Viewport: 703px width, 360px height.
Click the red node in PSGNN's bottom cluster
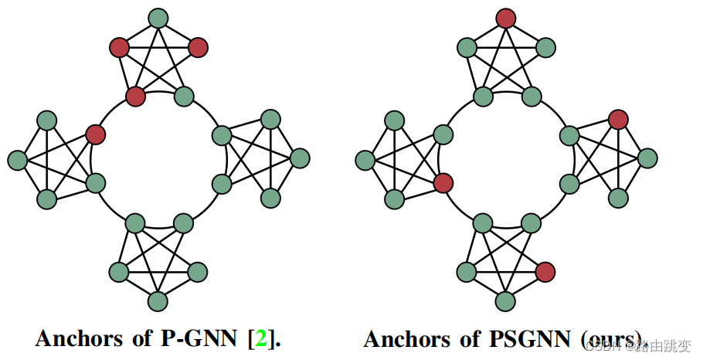click(x=545, y=271)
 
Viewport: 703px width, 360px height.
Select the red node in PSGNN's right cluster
click(x=617, y=120)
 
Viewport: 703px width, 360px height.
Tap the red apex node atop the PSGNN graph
click(x=506, y=18)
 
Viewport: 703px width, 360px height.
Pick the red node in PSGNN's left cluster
click(x=443, y=183)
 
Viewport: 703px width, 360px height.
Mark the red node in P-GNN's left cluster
click(x=95, y=134)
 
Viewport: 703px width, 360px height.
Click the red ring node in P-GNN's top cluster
click(x=135, y=97)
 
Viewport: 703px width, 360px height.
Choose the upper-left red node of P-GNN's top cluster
click(x=119, y=48)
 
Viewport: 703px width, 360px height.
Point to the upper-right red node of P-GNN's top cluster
click(x=198, y=48)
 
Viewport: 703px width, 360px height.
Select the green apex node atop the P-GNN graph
click(x=158, y=18)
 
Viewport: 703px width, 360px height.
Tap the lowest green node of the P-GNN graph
click(x=158, y=301)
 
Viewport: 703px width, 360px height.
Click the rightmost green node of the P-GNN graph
click(x=300, y=158)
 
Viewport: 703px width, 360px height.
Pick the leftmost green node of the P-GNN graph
click(x=17, y=160)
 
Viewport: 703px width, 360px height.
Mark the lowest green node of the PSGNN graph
click(x=506, y=301)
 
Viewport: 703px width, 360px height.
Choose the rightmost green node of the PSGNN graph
click(x=647, y=158)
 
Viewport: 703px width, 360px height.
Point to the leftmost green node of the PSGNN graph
click(x=365, y=160)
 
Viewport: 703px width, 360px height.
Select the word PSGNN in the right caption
click(x=531, y=338)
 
